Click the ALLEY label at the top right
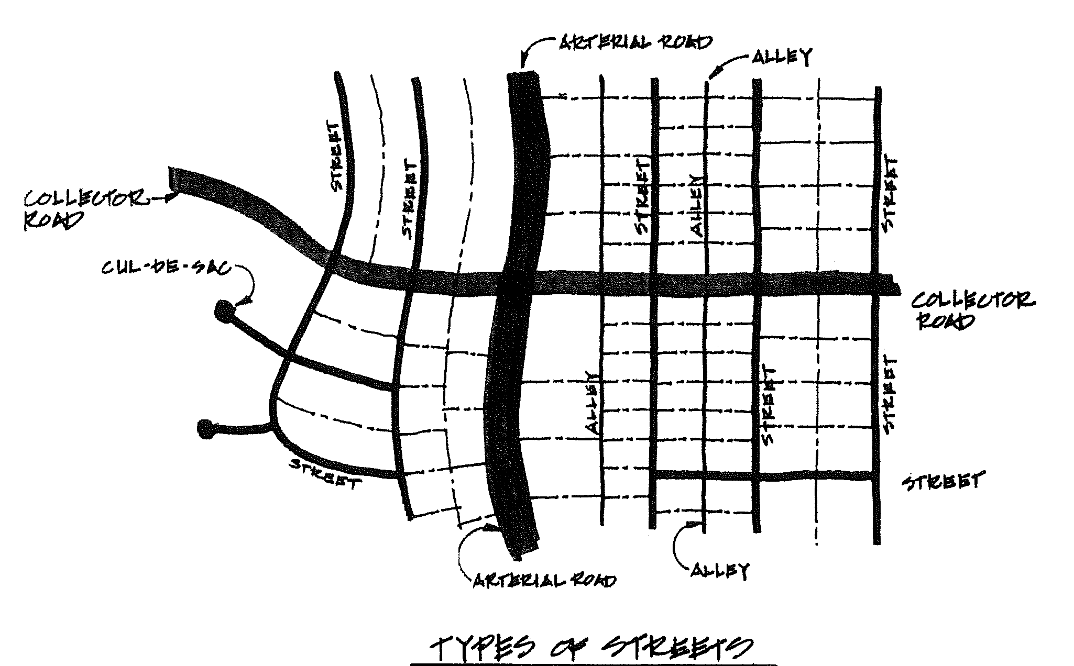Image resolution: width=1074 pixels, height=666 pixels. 782,57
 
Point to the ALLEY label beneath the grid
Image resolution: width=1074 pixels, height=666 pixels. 720,570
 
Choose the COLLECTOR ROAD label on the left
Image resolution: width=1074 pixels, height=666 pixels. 84,209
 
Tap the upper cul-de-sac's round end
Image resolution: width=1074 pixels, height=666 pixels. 224,312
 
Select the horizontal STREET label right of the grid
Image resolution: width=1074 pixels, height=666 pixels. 943,481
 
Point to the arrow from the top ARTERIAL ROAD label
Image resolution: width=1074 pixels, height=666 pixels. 532,50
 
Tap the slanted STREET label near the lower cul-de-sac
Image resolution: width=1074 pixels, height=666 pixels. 325,474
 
